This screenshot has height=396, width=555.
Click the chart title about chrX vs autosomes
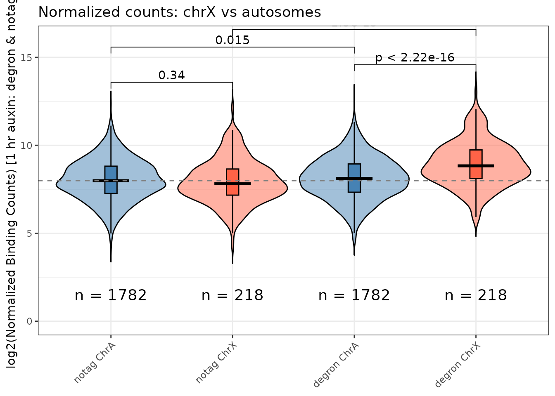pos(180,12)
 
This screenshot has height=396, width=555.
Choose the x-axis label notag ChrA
pos(95,362)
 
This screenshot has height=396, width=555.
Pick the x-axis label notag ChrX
pos(216,362)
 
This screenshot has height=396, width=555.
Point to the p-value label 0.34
pos(172,75)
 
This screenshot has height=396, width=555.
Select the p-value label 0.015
pos(232,40)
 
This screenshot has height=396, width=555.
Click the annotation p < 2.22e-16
pos(415,57)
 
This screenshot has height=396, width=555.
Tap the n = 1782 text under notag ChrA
pos(111,295)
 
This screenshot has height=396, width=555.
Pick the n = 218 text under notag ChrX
pos(232,295)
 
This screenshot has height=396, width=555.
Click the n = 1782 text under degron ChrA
pos(354,295)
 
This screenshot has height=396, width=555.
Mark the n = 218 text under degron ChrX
pos(476,295)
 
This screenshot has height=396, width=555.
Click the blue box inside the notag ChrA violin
pos(111,173)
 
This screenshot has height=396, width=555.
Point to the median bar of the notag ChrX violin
pos(232,184)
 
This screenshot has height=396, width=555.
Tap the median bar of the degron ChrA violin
pos(354,178)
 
